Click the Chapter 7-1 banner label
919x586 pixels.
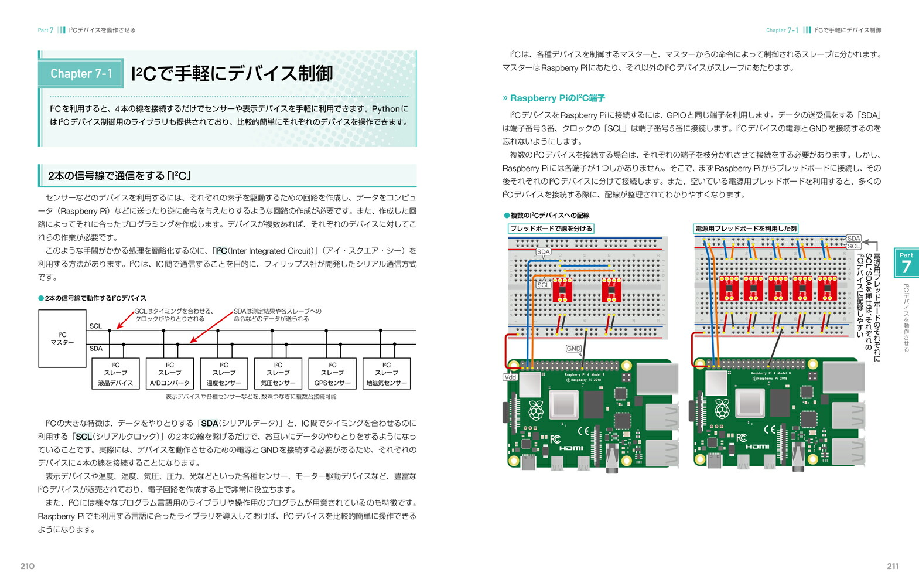[x=81, y=74]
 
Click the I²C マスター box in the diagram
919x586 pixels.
[x=63, y=339]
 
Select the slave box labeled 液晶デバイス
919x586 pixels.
[x=115, y=373]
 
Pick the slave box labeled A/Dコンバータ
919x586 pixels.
[x=170, y=373]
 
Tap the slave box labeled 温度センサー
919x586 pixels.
[x=224, y=373]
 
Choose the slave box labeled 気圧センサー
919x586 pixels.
[x=278, y=373]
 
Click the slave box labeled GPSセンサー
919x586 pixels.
[x=332, y=373]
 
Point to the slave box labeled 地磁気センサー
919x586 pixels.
[x=387, y=373]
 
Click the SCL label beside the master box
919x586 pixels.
[x=95, y=326]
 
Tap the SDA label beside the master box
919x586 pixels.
[x=95, y=349]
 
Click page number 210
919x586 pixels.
[x=28, y=566]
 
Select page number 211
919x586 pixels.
[x=892, y=566]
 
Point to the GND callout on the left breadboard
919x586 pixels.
[x=573, y=349]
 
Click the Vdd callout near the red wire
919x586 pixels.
[x=510, y=377]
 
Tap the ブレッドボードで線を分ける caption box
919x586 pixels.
[x=551, y=229]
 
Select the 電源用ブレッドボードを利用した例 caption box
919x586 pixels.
[x=746, y=229]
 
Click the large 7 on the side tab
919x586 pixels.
[x=906, y=267]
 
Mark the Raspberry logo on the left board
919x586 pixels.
[x=536, y=410]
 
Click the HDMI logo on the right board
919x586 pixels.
[x=757, y=447]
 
